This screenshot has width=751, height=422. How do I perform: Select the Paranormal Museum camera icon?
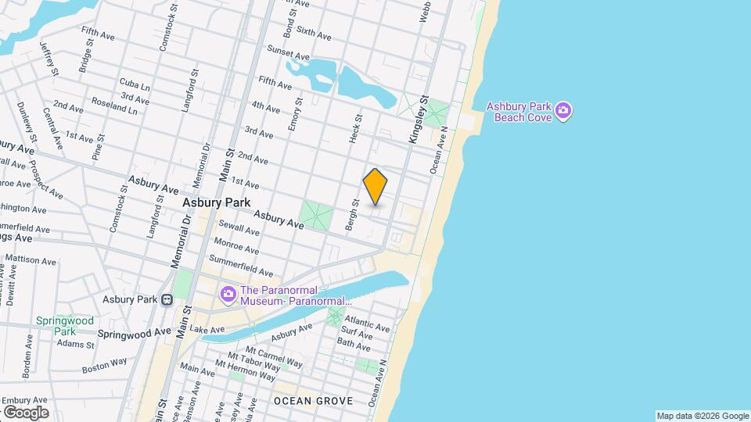(228, 294)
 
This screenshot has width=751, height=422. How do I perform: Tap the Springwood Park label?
(64, 326)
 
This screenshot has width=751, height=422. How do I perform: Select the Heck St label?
(353, 127)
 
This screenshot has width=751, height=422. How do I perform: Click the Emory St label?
(295, 114)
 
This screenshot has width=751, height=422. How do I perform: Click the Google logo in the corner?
(25, 412)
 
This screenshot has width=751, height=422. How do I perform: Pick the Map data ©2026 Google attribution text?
(702, 416)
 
